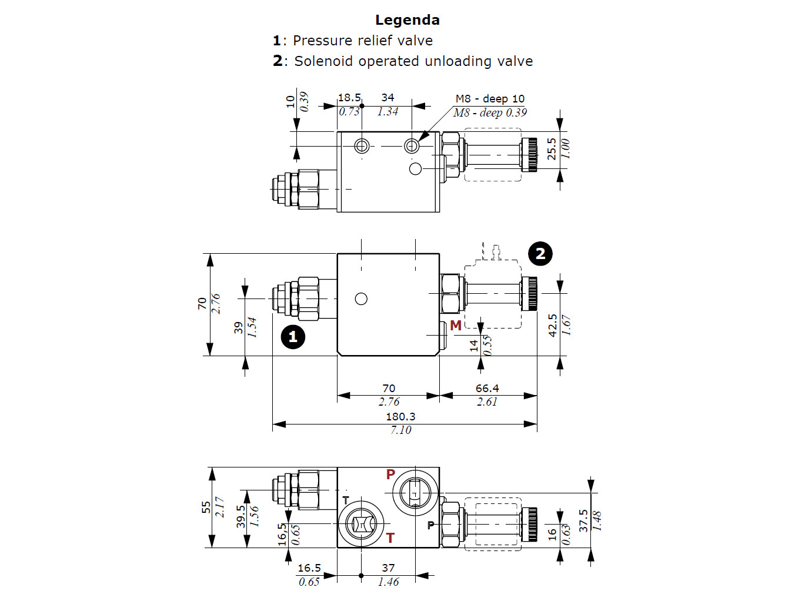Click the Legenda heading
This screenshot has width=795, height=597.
pos(407,20)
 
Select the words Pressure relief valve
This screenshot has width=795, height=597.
pos(362,41)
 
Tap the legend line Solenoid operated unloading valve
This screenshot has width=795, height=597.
pos(413,61)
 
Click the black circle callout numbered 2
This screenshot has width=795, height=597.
pos(540,254)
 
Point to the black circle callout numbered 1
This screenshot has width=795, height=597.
pos(293,337)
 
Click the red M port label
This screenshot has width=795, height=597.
pos(455,326)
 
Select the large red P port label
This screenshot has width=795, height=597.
pos(390,475)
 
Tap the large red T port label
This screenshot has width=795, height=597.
pos(390,538)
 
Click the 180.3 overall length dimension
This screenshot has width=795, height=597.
pos(400,416)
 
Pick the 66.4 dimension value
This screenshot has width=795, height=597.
pos(487,388)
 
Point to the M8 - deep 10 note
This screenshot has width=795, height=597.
pos(490,98)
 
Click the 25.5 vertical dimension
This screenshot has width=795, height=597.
pos(552,149)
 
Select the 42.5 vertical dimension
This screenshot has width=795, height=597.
pos(553,325)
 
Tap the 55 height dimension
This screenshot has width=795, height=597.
pos(206,507)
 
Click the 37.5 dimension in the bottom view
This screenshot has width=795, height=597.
pos(583,520)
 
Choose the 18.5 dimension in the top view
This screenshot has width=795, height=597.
pos(349,98)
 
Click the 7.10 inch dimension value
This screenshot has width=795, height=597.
pos(401,430)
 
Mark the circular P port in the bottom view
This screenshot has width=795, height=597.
pos(416,492)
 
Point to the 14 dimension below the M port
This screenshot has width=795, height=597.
pos(474,346)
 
